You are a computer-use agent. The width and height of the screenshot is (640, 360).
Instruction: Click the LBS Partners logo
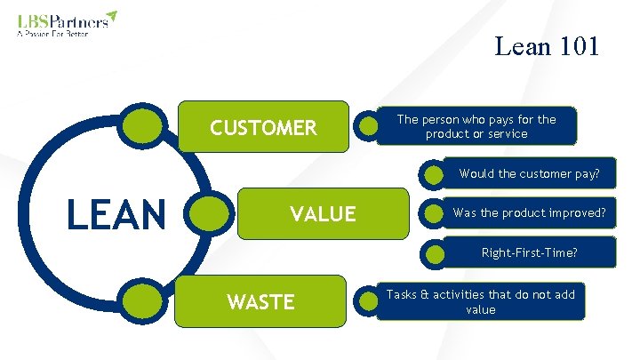[67, 20]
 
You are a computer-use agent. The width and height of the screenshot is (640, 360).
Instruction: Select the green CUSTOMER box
[263, 128]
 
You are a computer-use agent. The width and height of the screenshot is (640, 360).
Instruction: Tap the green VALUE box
[323, 213]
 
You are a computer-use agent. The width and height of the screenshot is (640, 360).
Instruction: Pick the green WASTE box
[260, 301]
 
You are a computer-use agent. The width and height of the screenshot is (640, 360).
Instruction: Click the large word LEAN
[117, 214]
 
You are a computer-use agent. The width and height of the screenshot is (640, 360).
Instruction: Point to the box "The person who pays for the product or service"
[476, 126]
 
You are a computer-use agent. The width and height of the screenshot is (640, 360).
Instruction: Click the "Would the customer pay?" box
[528, 173]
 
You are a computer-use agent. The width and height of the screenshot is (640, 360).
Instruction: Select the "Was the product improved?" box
[528, 213]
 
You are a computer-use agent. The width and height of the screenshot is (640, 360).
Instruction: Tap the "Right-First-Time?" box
[528, 253]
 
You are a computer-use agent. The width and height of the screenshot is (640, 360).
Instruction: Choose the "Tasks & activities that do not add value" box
[479, 301]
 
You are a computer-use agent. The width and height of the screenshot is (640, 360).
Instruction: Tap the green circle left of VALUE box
[210, 214]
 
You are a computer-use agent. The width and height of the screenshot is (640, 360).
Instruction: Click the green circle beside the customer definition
[368, 126]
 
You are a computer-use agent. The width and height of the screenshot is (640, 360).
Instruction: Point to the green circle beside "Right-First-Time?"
[435, 254]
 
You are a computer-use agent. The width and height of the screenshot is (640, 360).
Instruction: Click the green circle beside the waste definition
[368, 301]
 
